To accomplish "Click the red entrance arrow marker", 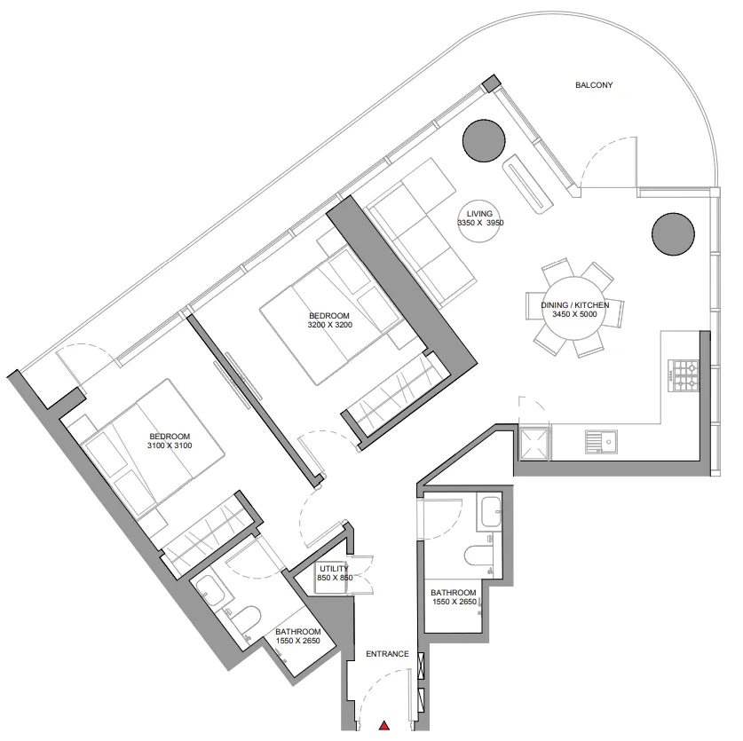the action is (384, 725).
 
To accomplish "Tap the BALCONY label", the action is (594, 85).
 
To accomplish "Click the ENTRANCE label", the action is (387, 654).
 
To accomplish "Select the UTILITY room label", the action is (334, 569).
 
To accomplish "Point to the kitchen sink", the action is (601, 442).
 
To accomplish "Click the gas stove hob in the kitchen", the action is (684, 375).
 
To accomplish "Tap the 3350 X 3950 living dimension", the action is (480, 223).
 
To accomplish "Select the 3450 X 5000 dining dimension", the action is (574, 314).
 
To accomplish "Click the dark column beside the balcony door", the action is (483, 141).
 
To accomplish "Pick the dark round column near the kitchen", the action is (674, 234).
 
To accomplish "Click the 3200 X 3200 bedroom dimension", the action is (330, 325).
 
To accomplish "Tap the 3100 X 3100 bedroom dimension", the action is (170, 445).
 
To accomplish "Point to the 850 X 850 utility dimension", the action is (335, 578).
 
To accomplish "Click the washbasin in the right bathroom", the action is (490, 512).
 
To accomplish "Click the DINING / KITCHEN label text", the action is (575, 305).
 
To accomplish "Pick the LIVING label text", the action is (479, 214).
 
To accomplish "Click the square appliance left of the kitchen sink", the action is (534, 444).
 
